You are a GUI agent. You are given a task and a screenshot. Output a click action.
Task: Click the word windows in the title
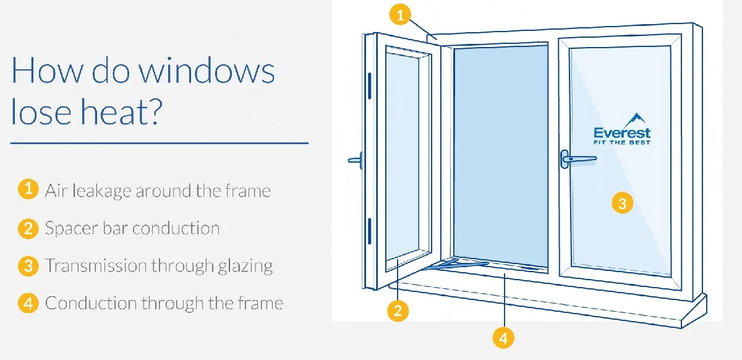tap(207, 71)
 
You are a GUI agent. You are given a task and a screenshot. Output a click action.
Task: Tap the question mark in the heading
tap(153, 111)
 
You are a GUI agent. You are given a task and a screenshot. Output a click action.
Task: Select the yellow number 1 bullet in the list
tap(28, 189)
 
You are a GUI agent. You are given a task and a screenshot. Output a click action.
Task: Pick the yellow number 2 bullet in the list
tap(28, 228)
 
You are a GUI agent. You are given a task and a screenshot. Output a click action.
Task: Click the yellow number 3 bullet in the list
tap(28, 266)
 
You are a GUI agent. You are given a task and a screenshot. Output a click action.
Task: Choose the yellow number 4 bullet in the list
tap(28, 303)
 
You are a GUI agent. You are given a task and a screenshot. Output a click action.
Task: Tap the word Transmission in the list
tap(96, 265)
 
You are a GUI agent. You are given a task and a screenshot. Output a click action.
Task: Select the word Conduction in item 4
tap(91, 303)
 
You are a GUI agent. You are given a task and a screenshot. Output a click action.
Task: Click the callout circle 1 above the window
tap(400, 15)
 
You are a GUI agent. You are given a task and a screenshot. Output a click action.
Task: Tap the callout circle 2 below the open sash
tap(398, 311)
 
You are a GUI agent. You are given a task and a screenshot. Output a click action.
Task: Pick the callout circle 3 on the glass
tap(622, 203)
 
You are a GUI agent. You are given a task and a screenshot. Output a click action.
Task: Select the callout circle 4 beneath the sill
tap(503, 338)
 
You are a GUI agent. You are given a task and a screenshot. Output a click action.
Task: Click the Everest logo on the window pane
tap(622, 129)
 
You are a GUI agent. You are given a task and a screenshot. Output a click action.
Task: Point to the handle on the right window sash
tap(578, 159)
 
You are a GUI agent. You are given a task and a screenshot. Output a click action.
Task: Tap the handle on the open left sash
tap(356, 160)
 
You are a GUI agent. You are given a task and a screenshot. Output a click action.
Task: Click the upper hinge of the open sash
tap(370, 86)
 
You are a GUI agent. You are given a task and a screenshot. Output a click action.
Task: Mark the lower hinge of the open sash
tap(370, 231)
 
